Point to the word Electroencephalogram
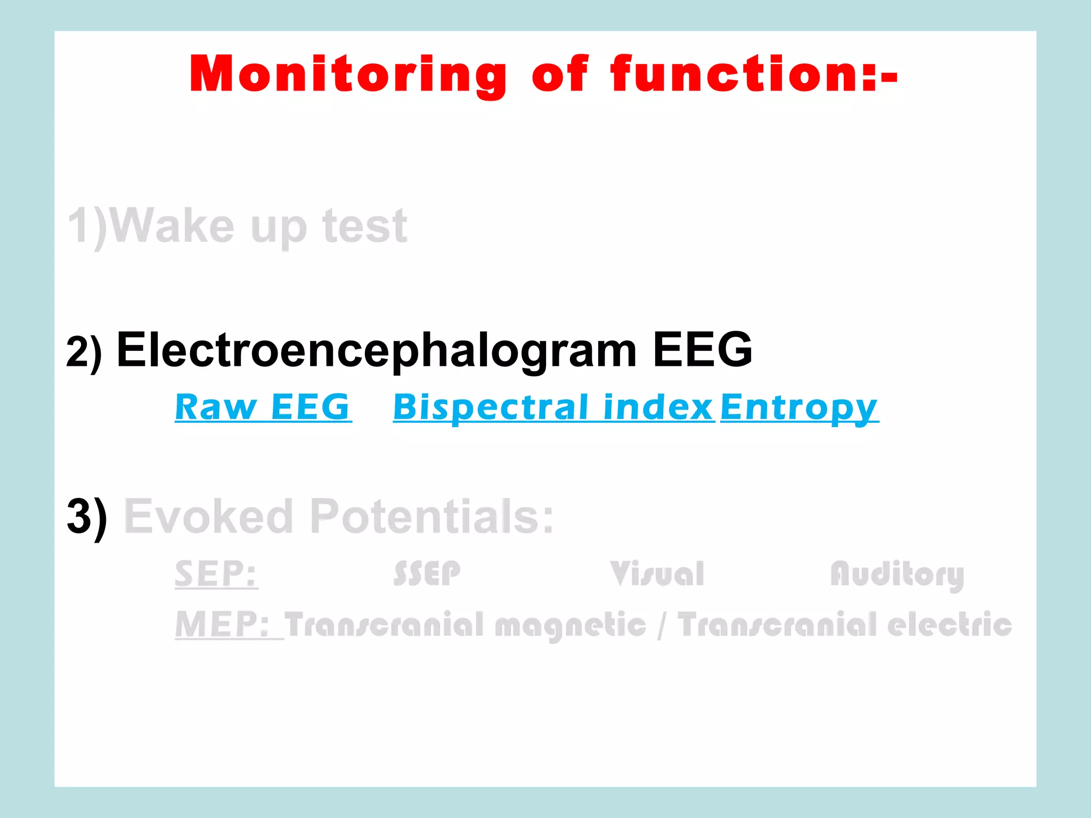coord(377,350)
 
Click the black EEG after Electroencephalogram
coord(702,350)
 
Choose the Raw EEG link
coord(263,407)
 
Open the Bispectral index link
coord(553,407)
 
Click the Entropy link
coord(799,408)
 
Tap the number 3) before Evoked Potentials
coord(87,517)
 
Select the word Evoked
coord(208,517)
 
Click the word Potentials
coord(431,517)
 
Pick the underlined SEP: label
coord(216,574)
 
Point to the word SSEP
coord(427,574)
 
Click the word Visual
coord(657,574)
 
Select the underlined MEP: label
coord(223,624)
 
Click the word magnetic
coord(570,625)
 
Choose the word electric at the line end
coord(949,624)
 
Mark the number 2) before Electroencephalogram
coord(84,351)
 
